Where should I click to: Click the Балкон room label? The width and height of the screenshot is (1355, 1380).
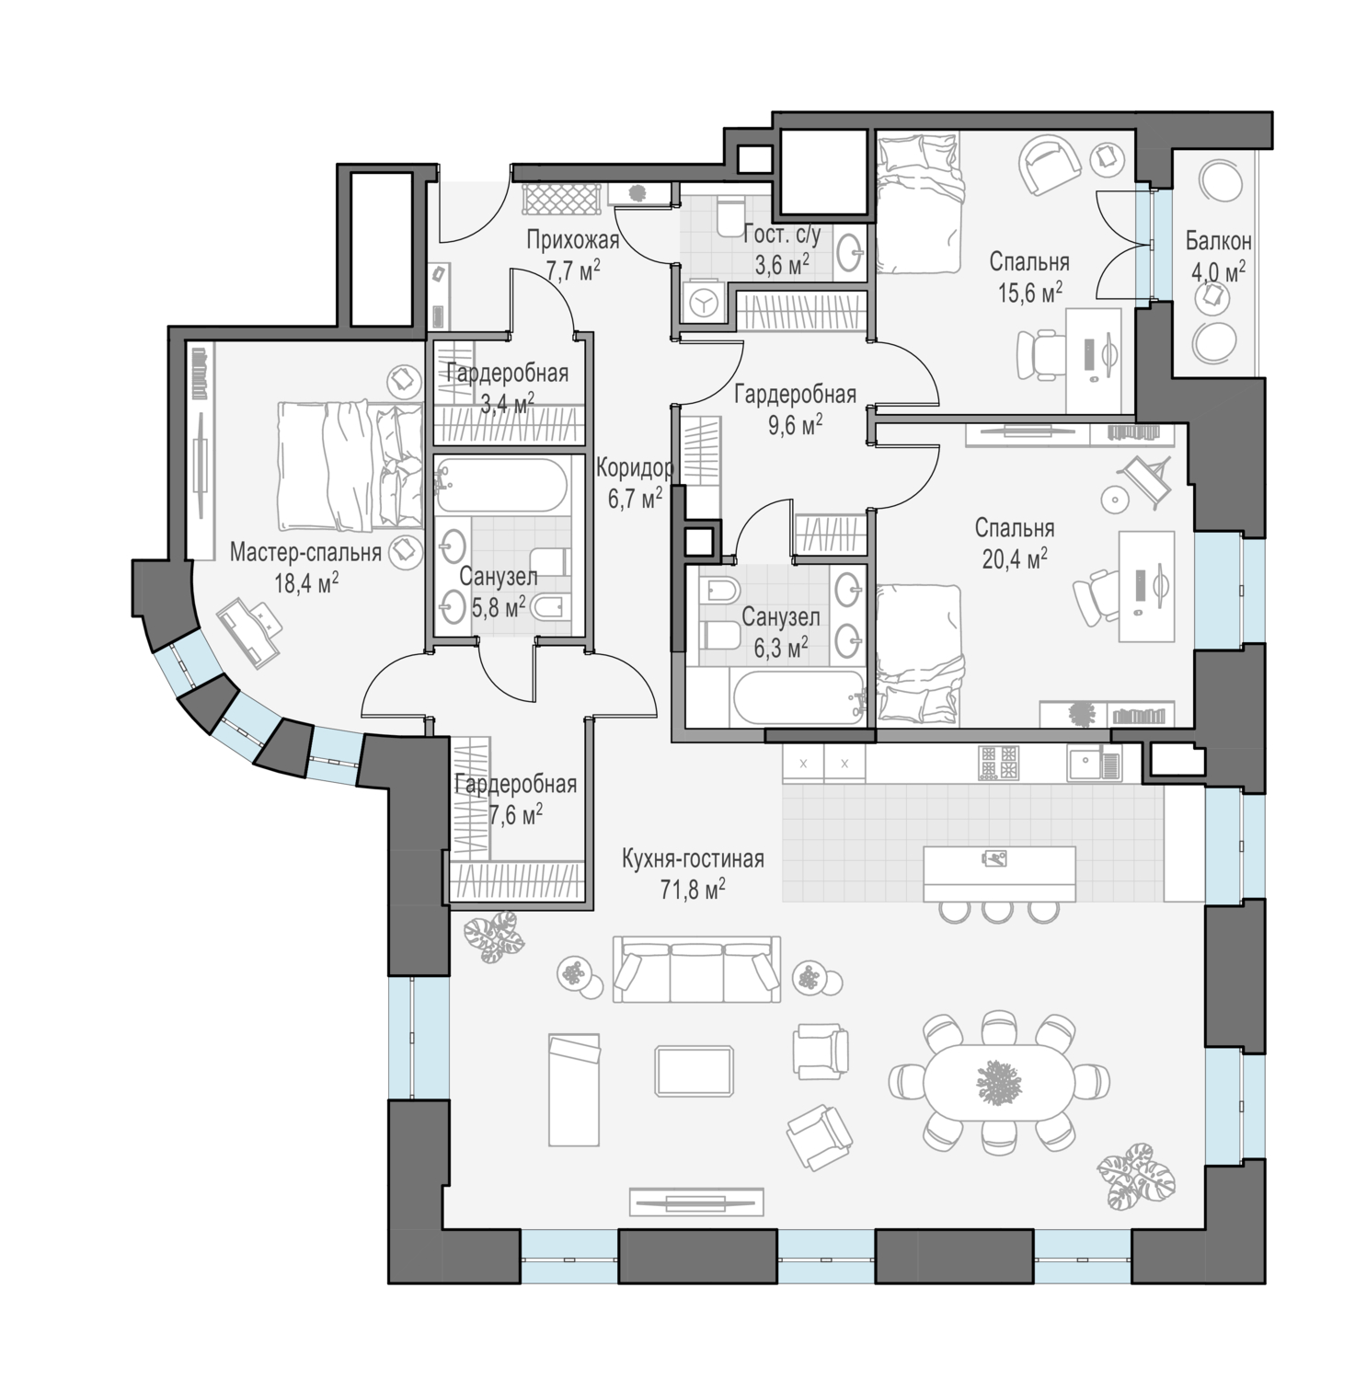pos(1218,242)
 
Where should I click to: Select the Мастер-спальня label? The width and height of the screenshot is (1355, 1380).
pos(305,553)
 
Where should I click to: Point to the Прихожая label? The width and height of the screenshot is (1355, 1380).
pos(572,241)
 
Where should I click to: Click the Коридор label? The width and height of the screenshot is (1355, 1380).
pos(635,469)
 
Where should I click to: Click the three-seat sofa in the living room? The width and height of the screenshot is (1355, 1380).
pos(696,970)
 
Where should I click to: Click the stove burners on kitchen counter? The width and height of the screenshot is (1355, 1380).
pos(999,762)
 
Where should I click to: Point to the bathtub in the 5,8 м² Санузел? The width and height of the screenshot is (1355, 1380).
pos(500,485)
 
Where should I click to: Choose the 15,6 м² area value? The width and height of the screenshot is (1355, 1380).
pos(1030,293)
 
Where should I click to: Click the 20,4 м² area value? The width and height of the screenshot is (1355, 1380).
pos(1016,559)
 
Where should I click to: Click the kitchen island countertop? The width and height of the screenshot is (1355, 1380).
pos(999,874)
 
